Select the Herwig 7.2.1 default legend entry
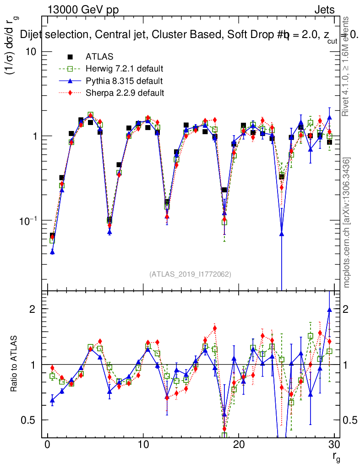click(124, 69)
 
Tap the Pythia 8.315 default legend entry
click(124, 81)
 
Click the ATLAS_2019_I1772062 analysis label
click(190, 274)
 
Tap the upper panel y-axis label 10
click(31, 51)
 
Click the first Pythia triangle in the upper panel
click(52, 251)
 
